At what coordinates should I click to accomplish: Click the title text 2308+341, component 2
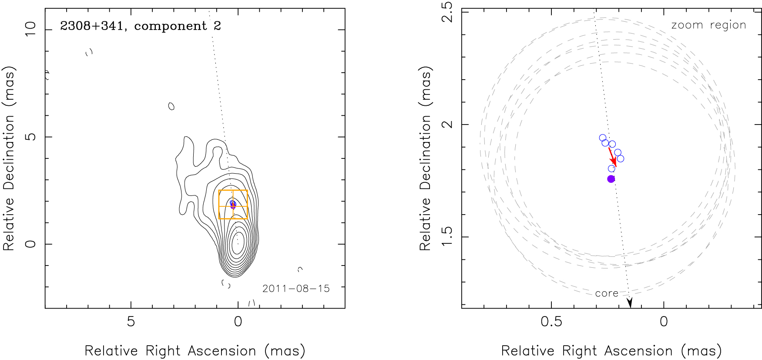click(x=141, y=26)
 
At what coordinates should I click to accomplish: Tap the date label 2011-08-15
click(x=296, y=289)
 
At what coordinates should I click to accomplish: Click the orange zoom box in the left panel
click(x=233, y=191)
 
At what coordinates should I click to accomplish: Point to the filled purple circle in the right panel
click(x=611, y=179)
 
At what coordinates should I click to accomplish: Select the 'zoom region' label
click(x=708, y=25)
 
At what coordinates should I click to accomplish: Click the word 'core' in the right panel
click(x=607, y=294)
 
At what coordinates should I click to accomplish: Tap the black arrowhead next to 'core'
click(x=629, y=303)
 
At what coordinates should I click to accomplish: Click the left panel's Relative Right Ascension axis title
click(x=195, y=351)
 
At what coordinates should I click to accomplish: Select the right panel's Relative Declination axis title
click(x=425, y=158)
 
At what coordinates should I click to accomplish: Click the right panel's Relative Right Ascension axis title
click(x=611, y=351)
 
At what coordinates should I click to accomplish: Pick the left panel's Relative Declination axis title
click(x=9, y=158)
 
